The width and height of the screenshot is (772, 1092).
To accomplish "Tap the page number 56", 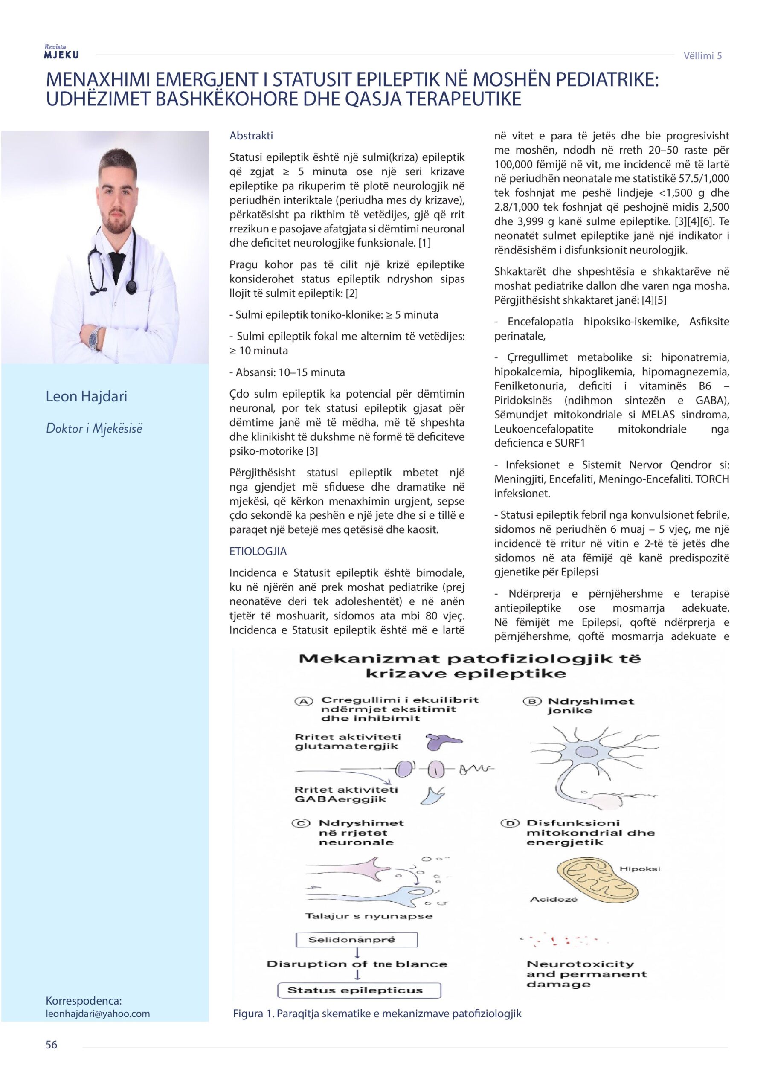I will point(51,1045).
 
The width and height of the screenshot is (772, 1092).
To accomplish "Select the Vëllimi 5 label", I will point(702,55).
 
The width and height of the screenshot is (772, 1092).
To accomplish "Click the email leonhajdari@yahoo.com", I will point(98,1014).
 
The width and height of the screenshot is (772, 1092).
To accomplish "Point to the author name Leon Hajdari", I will point(86,396).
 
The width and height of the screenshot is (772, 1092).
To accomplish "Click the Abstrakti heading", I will point(251,136).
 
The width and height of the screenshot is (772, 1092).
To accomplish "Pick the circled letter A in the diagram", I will point(302,702).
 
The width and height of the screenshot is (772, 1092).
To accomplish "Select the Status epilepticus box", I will point(359,990).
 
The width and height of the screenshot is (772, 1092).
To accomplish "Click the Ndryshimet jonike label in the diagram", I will point(591,706).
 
